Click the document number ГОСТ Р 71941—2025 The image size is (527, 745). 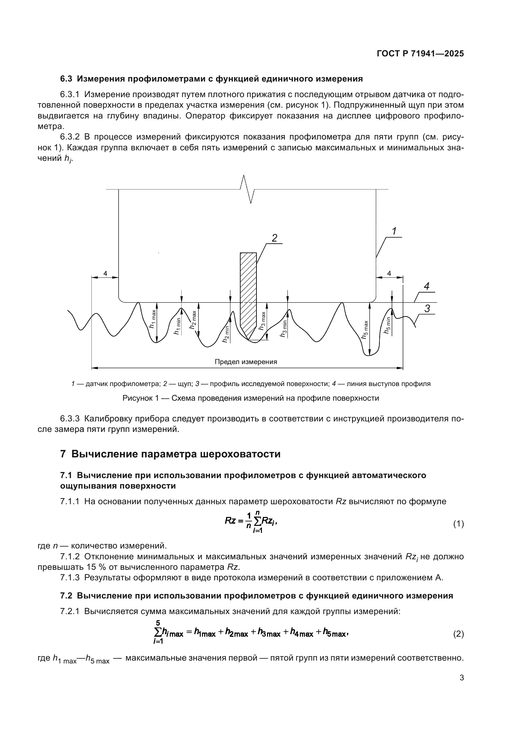click(x=420, y=54)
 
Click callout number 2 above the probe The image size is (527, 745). click(x=275, y=238)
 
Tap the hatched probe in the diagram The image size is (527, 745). click(x=248, y=292)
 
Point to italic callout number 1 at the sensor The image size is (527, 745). click(x=394, y=231)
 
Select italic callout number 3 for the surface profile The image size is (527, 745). click(x=427, y=309)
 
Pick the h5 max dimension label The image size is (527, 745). click(x=365, y=330)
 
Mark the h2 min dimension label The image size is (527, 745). click(x=226, y=334)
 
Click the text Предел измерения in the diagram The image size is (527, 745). click(x=246, y=362)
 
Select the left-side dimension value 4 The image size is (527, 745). click(x=105, y=274)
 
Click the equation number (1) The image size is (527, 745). click(x=458, y=524)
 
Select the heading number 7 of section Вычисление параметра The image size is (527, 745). click(x=63, y=454)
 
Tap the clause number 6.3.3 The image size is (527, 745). click(x=70, y=419)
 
